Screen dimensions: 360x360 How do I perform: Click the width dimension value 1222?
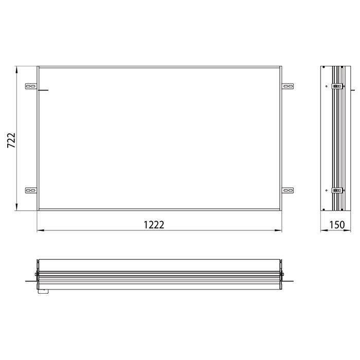154,224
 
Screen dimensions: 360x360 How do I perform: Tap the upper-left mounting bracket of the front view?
31,86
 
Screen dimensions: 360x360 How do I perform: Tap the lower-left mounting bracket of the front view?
31,190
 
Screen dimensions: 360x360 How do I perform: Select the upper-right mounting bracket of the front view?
287,86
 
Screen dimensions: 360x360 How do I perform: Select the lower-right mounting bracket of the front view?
287,190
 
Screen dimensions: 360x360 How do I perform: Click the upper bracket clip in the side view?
337,86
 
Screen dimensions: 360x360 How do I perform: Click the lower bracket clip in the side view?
337,190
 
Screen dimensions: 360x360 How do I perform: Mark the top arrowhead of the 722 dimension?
17,68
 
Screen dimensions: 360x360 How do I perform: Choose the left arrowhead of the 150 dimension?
322,230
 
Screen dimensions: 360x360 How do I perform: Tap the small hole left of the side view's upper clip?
327,86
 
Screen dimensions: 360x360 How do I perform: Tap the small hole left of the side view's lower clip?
327,190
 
